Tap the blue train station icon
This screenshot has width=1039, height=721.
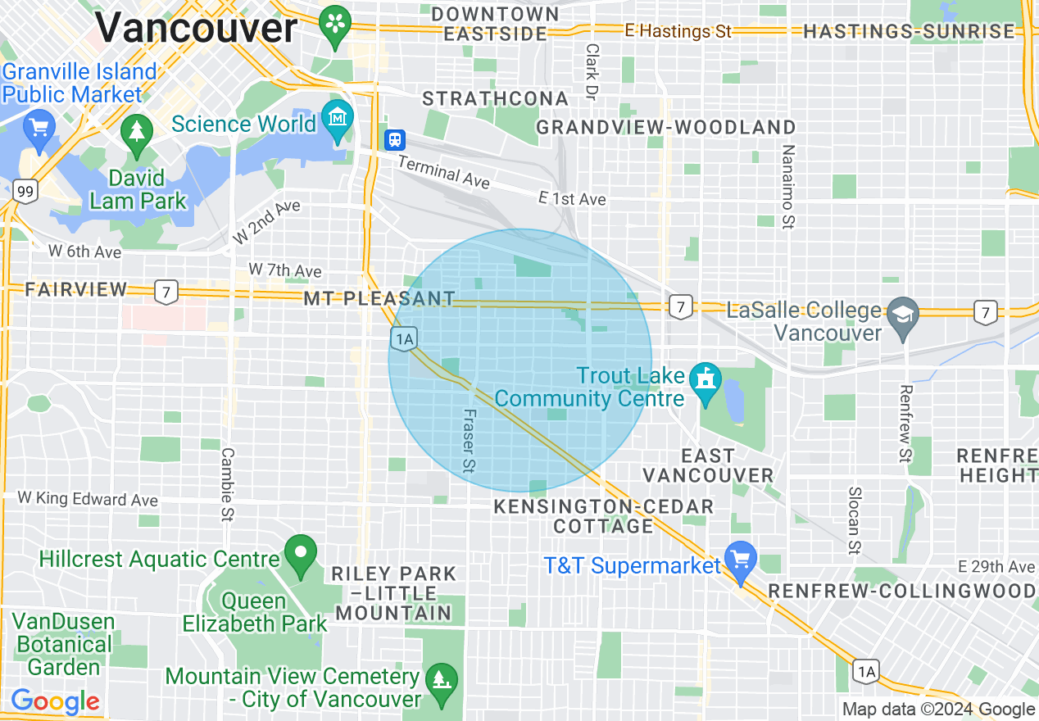pos(395,139)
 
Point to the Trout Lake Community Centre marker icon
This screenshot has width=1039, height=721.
pos(706,380)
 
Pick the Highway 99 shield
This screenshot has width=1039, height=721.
pos(25,192)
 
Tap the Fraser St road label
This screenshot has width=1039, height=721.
pos(470,441)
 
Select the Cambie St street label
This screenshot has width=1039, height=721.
pos(227,483)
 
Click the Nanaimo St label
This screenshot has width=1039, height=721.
pos(787,186)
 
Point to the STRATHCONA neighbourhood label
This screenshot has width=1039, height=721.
pos(495,99)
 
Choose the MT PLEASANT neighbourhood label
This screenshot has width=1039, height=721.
pos(379,298)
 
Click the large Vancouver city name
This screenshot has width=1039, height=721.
pos(196,28)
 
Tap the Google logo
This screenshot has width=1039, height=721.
pos(55,701)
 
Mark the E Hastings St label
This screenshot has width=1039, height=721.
pos(677,31)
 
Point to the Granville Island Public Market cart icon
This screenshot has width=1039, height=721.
pos(39,128)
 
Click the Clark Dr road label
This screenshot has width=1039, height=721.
pos(591,72)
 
